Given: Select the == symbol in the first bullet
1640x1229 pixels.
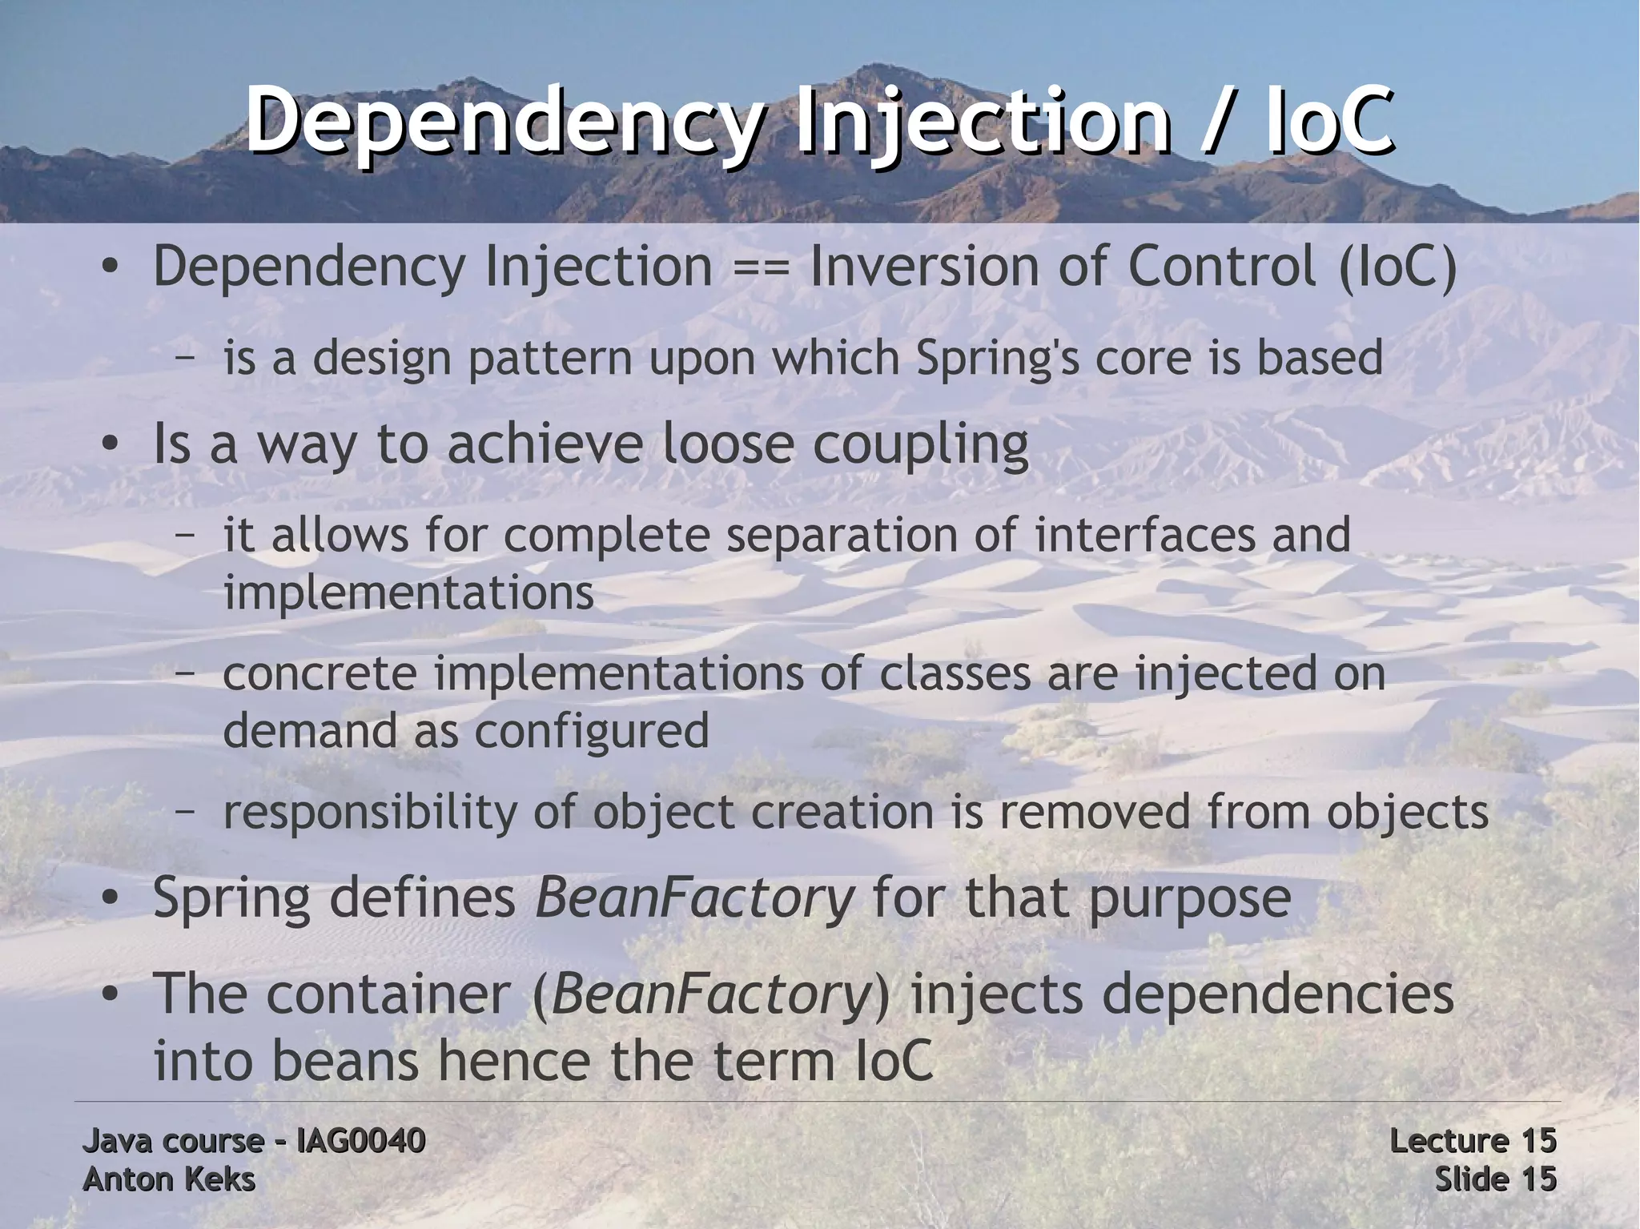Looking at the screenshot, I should point(761,267).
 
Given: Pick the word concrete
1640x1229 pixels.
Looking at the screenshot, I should point(320,673).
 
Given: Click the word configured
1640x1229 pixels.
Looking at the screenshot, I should point(592,731).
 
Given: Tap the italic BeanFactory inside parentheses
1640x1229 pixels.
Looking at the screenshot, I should point(710,994).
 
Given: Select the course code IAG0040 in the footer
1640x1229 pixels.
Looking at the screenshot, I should point(360,1141).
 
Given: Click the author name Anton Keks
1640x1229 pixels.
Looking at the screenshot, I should point(169,1179).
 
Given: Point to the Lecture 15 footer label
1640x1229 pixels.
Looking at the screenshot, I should point(1473,1141).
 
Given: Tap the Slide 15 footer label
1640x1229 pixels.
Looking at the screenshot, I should point(1495,1179).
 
